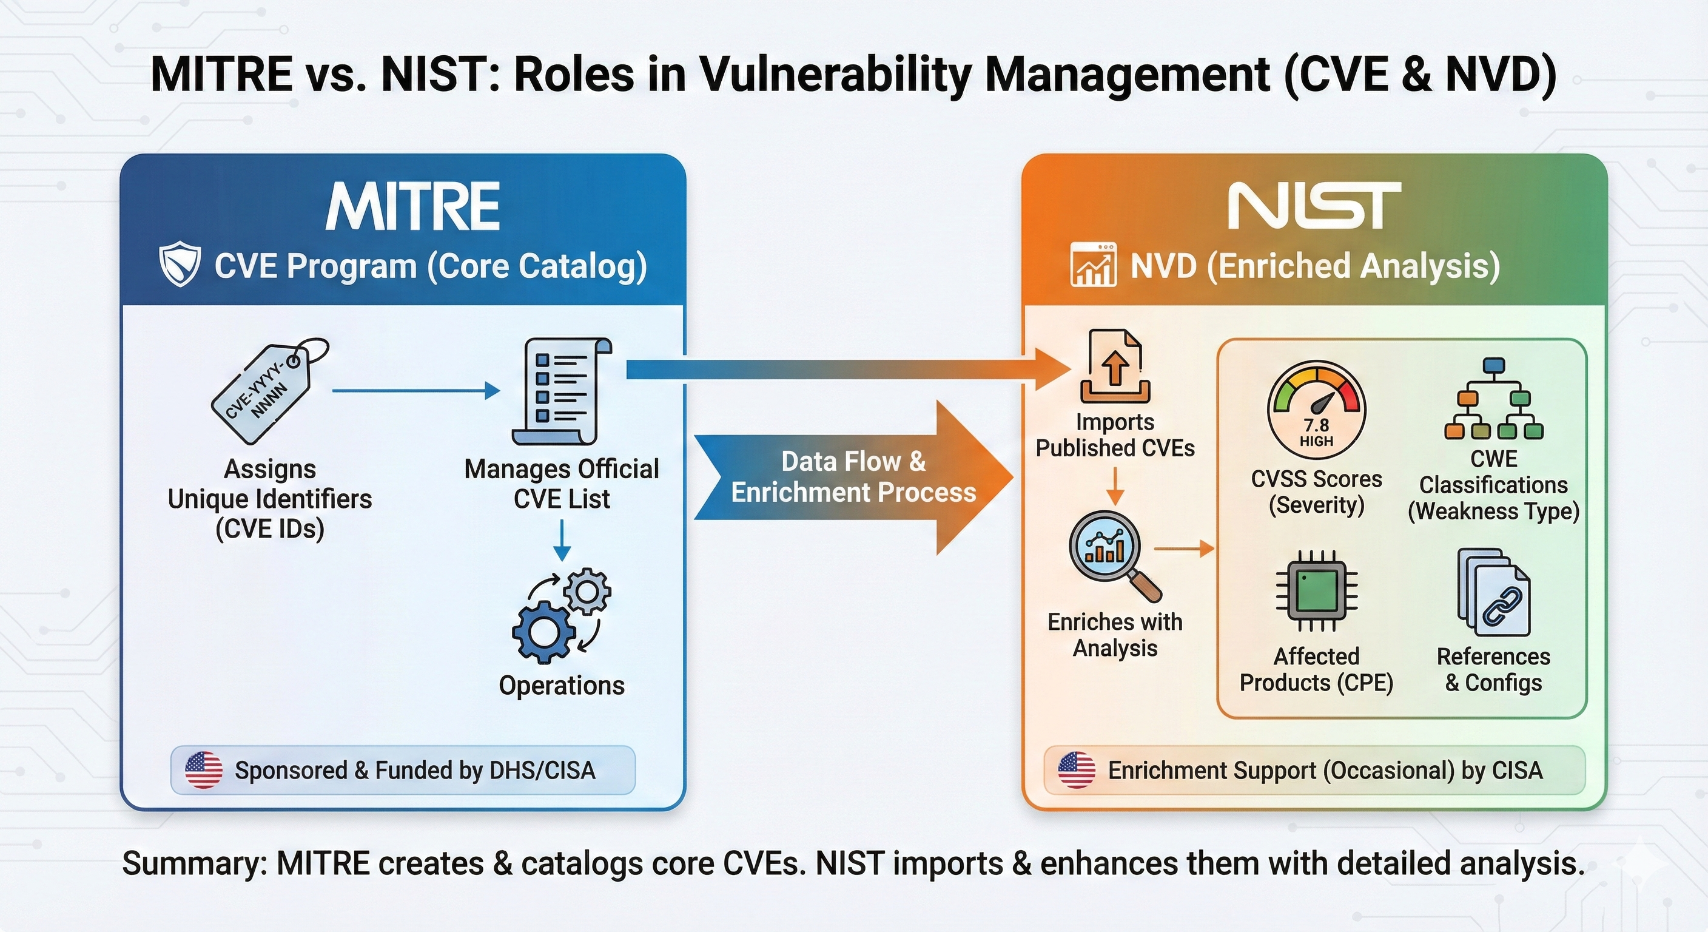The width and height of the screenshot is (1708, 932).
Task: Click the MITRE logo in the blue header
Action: tap(412, 206)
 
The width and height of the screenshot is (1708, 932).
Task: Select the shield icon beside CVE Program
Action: tap(180, 265)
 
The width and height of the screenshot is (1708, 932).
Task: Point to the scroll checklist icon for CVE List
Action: tap(561, 391)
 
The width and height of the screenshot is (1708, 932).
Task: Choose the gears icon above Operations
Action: tap(561, 614)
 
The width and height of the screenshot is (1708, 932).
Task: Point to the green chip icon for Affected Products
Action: tap(1317, 591)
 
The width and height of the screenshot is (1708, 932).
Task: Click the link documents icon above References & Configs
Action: tap(1493, 592)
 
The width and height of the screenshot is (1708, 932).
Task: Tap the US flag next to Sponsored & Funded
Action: tap(204, 770)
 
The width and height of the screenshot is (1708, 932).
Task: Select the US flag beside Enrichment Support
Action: tap(1076, 770)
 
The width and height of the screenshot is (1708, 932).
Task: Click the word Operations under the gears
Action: tap(562, 685)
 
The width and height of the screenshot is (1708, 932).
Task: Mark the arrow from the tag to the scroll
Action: tap(415, 391)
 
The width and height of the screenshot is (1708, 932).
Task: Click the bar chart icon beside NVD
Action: tap(1093, 265)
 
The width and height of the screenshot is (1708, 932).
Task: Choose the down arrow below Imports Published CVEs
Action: tap(1115, 485)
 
